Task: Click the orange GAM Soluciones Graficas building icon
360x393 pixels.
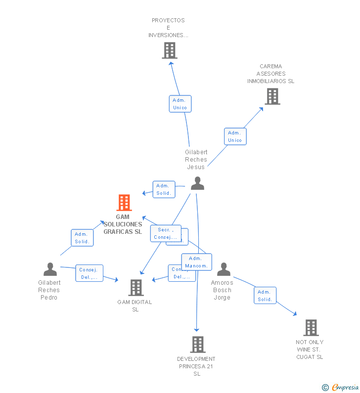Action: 124,203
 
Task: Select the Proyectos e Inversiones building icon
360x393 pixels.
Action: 169,50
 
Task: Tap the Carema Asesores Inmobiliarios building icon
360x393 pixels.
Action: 272,96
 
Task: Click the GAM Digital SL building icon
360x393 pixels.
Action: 135,288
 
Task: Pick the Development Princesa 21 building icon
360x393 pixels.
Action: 197,345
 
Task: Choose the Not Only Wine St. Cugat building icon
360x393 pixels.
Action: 311,328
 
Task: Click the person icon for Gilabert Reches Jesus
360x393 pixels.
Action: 197,183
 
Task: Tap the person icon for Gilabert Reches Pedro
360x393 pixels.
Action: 50,269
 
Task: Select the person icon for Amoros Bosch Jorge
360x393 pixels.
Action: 224,269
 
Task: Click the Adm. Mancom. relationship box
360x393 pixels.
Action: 196,262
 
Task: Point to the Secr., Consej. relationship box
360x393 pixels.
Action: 165,233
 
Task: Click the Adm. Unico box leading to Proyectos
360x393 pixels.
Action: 180,104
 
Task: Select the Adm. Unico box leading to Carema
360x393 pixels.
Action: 235,136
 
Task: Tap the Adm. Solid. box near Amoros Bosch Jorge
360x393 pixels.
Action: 265,296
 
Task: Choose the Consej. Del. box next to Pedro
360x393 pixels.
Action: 89,273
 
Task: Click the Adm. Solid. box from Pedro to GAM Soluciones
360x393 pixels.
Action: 82,238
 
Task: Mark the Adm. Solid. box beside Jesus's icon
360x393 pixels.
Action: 164,189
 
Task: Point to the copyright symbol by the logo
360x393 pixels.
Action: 325,388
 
